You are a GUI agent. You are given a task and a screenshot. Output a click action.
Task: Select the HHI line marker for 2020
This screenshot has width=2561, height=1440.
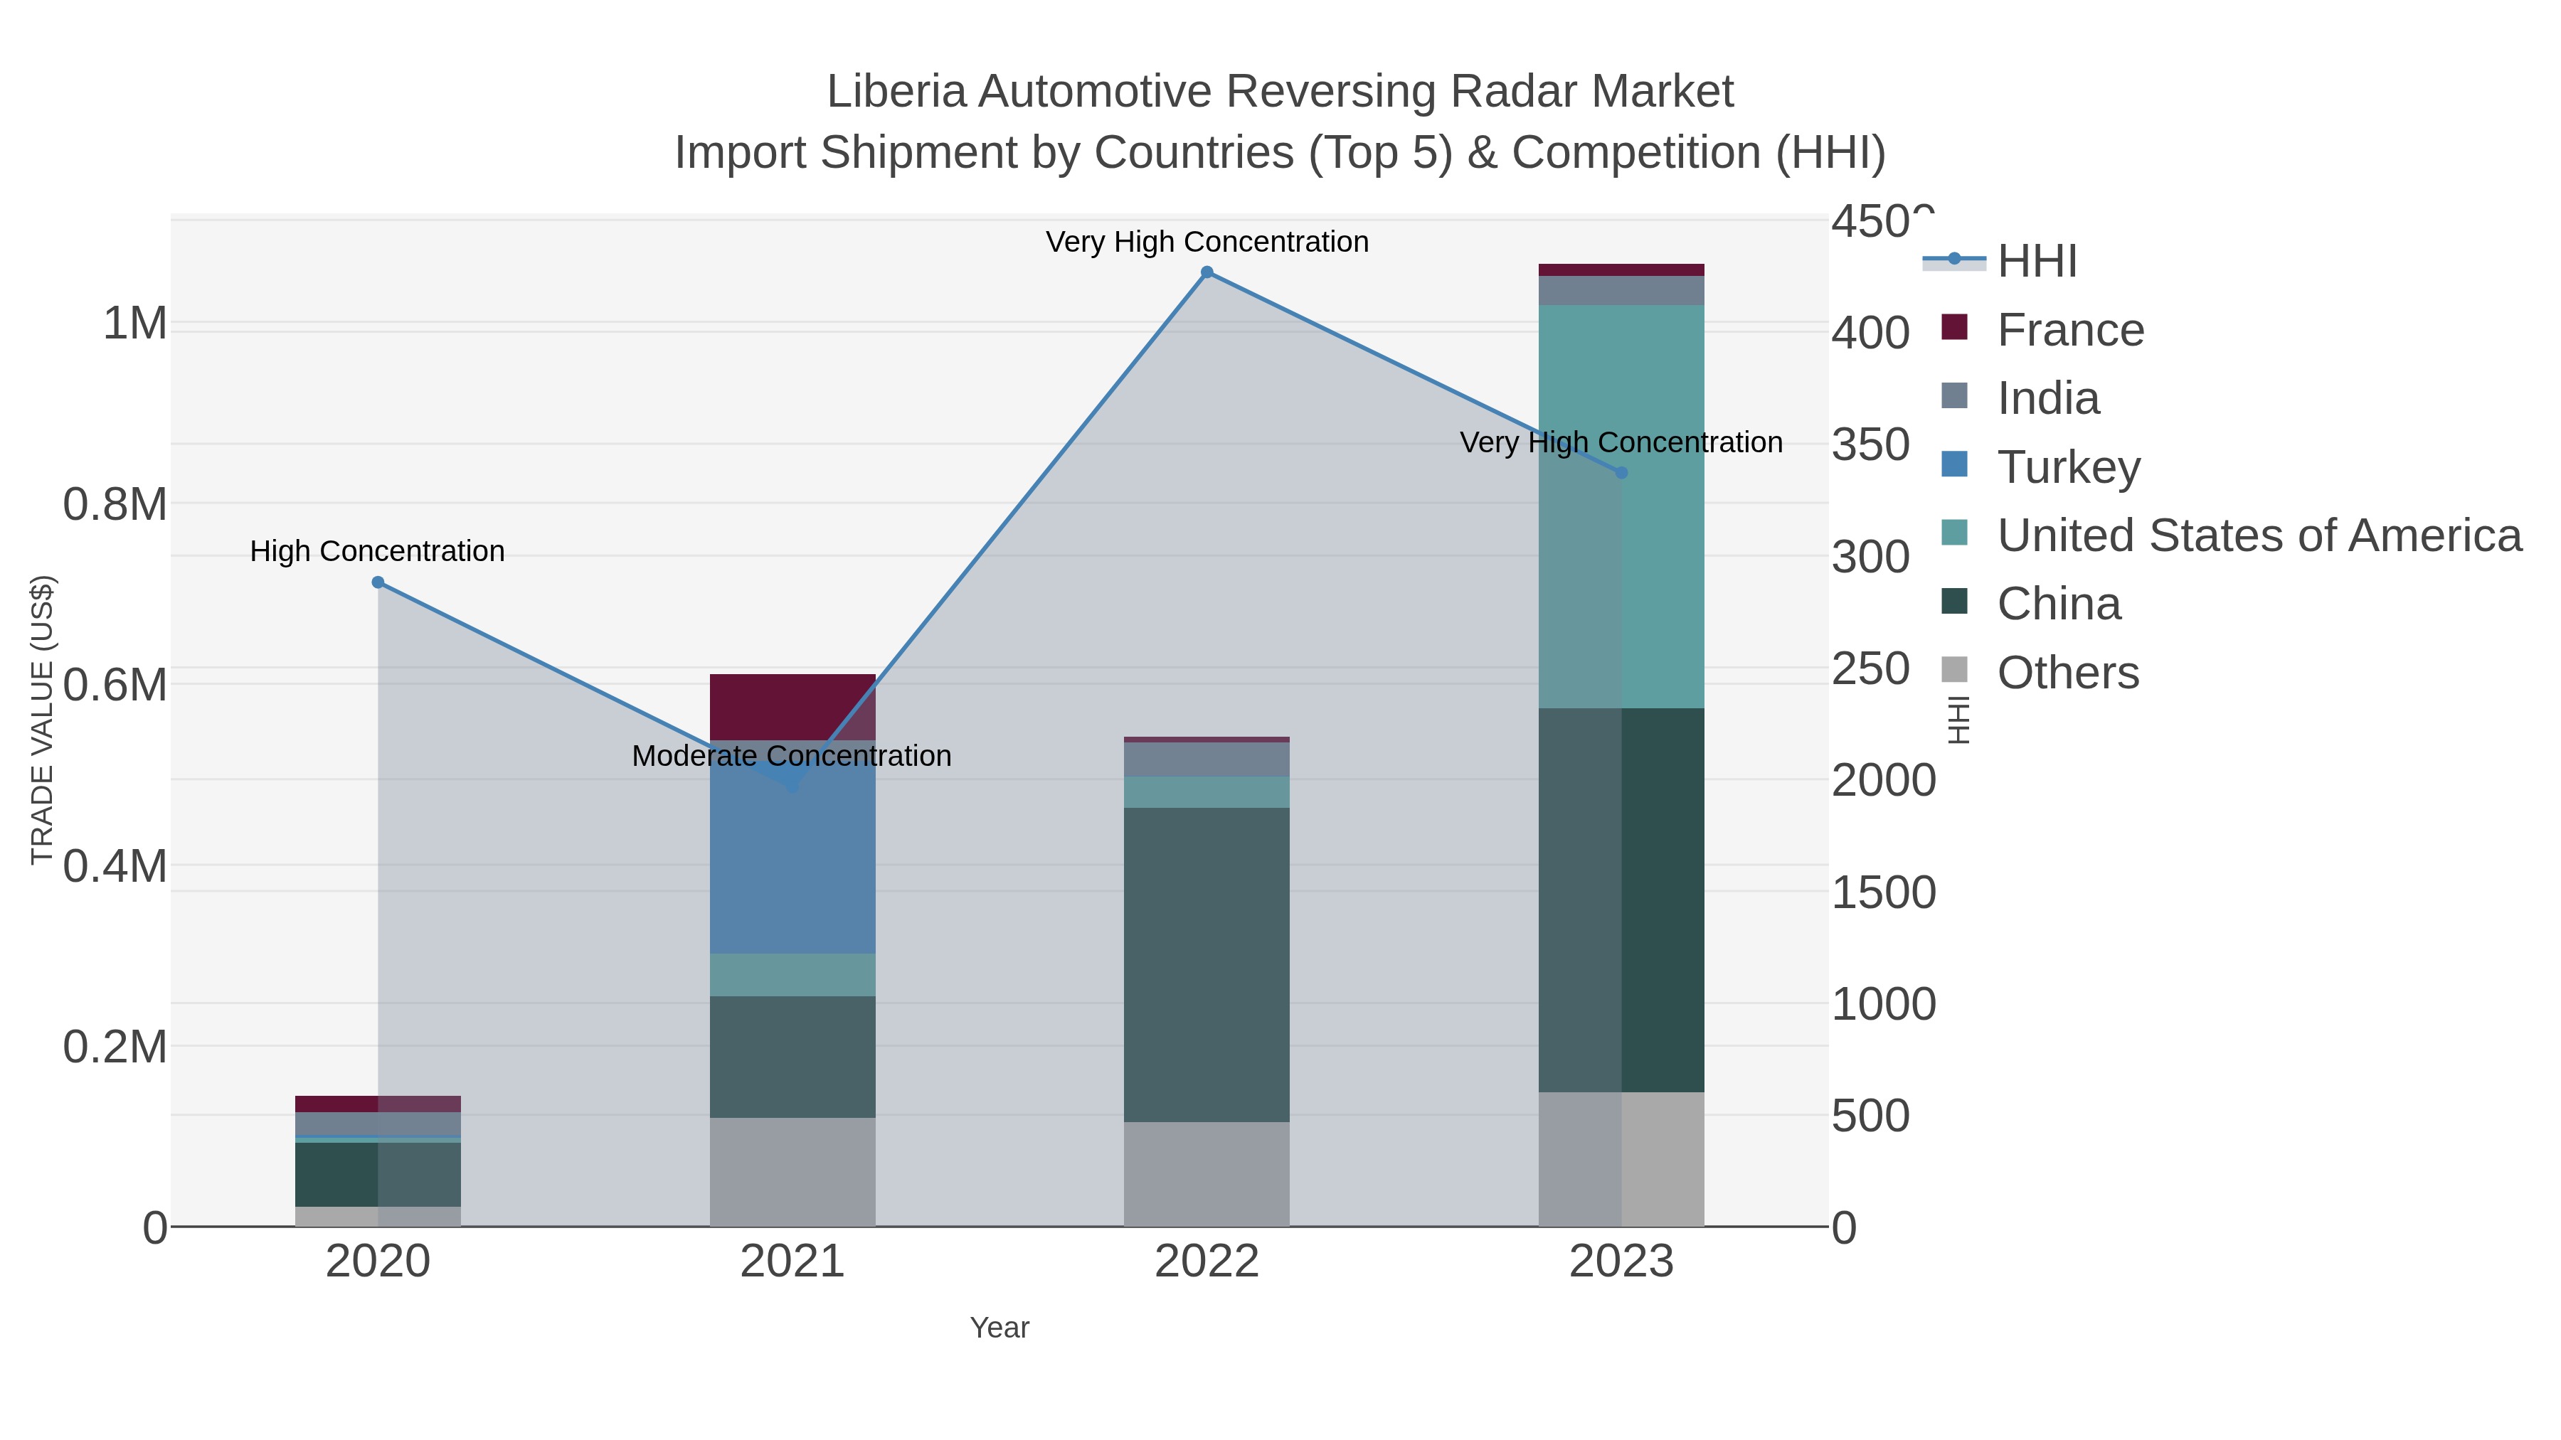378,582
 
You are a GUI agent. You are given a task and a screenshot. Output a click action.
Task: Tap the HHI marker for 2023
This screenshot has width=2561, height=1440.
1621,473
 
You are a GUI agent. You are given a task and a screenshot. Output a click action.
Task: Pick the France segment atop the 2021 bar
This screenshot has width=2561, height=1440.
792,705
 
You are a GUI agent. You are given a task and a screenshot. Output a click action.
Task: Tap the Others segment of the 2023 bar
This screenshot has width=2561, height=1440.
1621,1159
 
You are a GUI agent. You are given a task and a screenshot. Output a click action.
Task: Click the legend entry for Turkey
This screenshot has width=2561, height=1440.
2068,467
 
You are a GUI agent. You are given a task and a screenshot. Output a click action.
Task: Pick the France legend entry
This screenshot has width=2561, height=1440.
2070,330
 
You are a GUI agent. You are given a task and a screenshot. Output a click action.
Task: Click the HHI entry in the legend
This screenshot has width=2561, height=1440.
2036,262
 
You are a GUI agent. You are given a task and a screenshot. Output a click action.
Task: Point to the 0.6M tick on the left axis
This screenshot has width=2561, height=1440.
115,686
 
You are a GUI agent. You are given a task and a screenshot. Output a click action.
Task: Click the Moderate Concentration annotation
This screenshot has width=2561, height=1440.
791,757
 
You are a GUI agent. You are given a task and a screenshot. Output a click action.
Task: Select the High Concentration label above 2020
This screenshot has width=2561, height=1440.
377,552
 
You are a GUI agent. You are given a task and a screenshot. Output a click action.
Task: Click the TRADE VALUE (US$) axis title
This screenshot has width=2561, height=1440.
42,720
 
